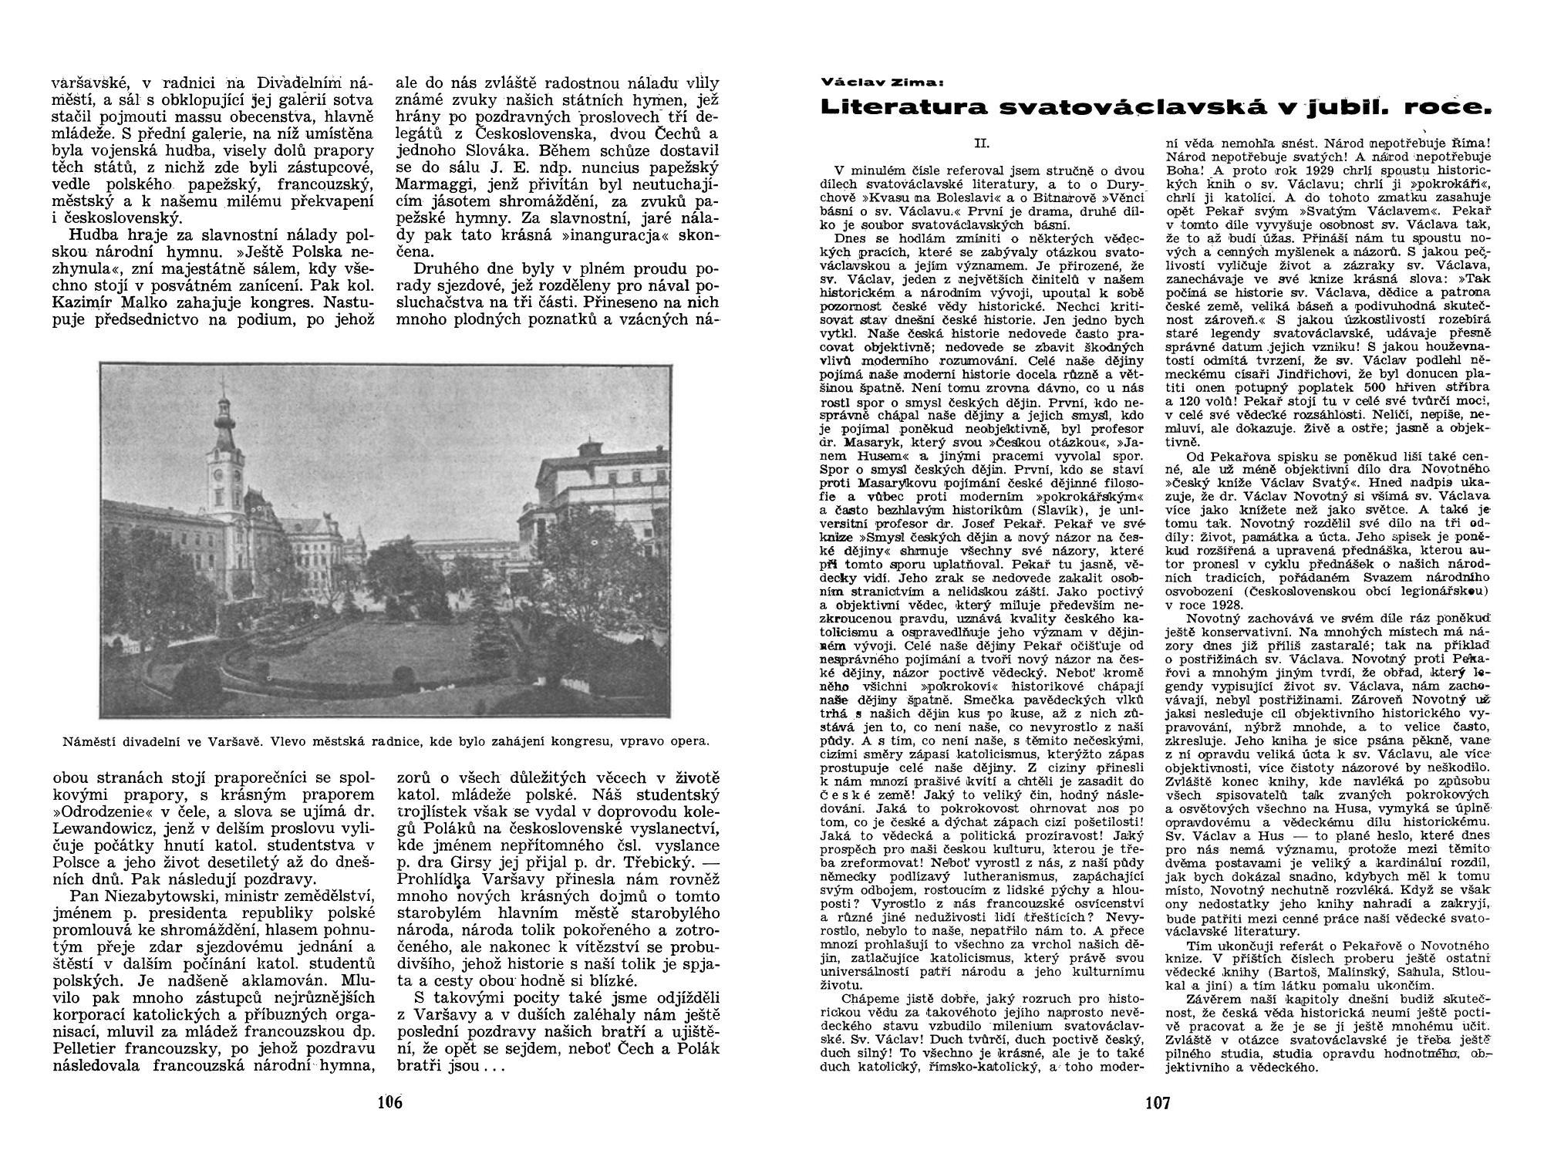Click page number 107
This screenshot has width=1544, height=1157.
[1158, 1103]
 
